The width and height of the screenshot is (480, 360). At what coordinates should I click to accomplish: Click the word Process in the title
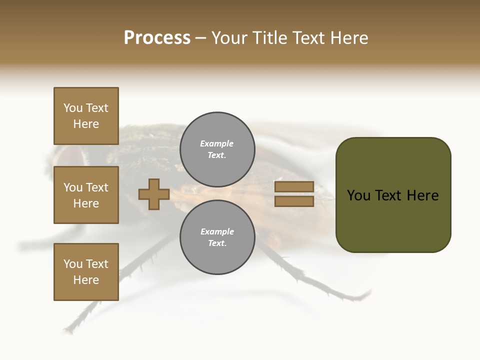tap(157, 37)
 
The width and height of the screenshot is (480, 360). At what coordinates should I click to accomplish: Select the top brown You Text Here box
tap(86, 116)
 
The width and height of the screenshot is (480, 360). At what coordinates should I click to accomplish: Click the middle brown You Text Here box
tap(86, 195)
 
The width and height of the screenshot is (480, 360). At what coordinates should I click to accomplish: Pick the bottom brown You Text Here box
tap(86, 272)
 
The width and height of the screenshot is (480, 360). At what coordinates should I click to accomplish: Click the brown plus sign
tap(154, 194)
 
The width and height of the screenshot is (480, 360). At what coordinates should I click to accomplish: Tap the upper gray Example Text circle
tap(217, 149)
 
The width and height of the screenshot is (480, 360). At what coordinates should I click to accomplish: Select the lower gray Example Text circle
tap(217, 237)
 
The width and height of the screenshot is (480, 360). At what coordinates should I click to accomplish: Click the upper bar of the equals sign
tap(294, 187)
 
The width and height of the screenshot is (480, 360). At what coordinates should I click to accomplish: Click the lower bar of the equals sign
tap(294, 201)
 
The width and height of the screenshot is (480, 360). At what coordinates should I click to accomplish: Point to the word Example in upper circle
tap(216, 143)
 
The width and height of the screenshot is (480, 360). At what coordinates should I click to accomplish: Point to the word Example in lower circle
tap(216, 231)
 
